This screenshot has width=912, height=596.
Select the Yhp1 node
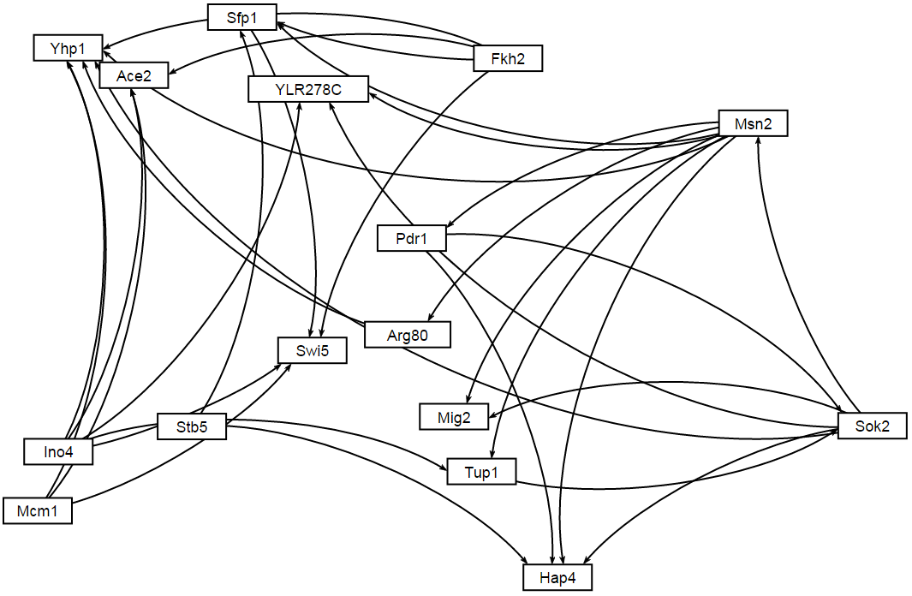coord(69,48)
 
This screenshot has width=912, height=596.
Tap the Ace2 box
coord(134,75)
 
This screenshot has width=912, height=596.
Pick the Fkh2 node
coord(509,58)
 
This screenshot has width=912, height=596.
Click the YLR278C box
coord(308,89)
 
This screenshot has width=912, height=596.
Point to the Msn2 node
coord(753,124)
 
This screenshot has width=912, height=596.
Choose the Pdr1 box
coord(412,239)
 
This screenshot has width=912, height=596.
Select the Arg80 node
coord(407,335)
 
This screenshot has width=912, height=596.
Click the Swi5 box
coord(313,350)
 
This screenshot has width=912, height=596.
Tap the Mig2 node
coord(453,416)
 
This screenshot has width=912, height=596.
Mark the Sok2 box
coord(872,426)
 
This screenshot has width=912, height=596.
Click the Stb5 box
coord(192,426)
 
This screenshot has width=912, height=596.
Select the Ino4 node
coord(58,451)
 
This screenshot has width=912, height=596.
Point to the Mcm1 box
coord(38,511)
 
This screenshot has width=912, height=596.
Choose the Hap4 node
coord(557,578)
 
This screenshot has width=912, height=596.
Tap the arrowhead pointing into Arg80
coord(429,319)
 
